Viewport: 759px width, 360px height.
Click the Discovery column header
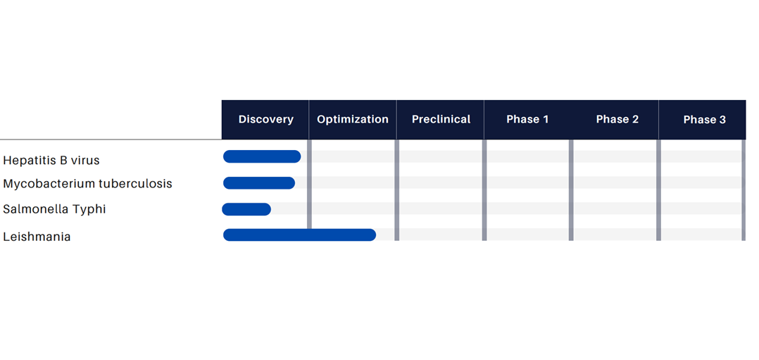pos(265,120)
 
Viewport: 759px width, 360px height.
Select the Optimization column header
pos(352,120)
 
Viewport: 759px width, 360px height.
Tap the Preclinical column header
pos(441,119)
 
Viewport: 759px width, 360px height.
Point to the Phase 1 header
pos(527,120)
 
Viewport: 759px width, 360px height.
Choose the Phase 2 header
pos(617,120)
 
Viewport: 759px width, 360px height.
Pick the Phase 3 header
pos(704,120)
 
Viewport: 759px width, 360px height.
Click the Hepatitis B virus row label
pos(51,161)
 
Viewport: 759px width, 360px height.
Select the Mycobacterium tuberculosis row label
pos(87,184)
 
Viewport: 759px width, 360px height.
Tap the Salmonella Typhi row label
pos(54,209)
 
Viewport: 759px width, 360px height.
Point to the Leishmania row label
pos(37,237)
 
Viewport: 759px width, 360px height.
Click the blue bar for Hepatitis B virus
pos(262,156)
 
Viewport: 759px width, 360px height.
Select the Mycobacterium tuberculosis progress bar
pos(259,183)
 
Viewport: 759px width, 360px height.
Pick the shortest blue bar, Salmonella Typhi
pos(246,209)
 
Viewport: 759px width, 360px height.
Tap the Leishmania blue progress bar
pos(300,235)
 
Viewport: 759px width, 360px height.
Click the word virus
pos(85,161)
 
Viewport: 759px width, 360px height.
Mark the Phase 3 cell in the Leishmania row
pos(701,235)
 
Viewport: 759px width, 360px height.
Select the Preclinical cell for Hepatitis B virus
pos(441,156)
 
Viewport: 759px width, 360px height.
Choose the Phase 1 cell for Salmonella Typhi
pos(527,209)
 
